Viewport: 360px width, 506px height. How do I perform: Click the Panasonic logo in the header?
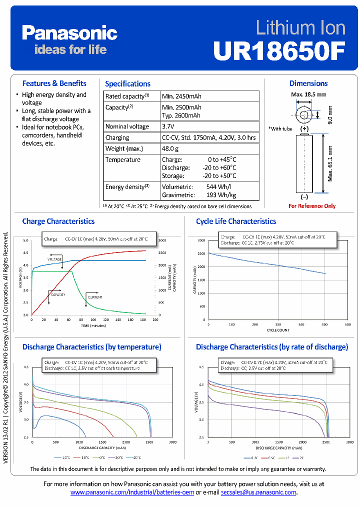click(x=69, y=33)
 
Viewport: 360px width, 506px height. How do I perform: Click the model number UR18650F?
click(x=279, y=50)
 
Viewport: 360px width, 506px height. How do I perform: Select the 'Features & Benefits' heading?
click(x=54, y=83)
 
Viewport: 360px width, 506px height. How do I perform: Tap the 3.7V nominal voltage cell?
click(x=168, y=126)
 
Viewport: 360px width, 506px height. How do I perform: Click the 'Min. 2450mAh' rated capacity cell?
click(x=181, y=96)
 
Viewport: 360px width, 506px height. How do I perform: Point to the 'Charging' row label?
click(x=117, y=137)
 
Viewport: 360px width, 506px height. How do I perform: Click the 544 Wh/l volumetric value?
click(x=217, y=186)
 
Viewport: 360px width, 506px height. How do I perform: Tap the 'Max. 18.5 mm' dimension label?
click(x=308, y=94)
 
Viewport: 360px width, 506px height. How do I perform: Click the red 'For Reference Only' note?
click(x=312, y=206)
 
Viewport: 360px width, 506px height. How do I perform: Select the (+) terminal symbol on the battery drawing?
click(x=304, y=128)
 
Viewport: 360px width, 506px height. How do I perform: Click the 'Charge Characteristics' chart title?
click(x=58, y=221)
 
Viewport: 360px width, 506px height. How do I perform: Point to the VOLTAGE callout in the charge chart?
click(x=55, y=259)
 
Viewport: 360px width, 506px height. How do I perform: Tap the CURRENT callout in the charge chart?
click(x=95, y=297)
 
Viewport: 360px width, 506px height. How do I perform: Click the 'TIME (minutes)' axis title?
click(x=93, y=325)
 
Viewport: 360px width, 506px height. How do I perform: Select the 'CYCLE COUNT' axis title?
click(x=278, y=329)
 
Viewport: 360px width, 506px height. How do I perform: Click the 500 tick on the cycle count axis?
click(x=325, y=324)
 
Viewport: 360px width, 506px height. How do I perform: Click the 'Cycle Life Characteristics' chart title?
click(x=236, y=221)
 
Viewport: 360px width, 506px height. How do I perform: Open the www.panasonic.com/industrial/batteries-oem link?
click(x=132, y=492)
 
